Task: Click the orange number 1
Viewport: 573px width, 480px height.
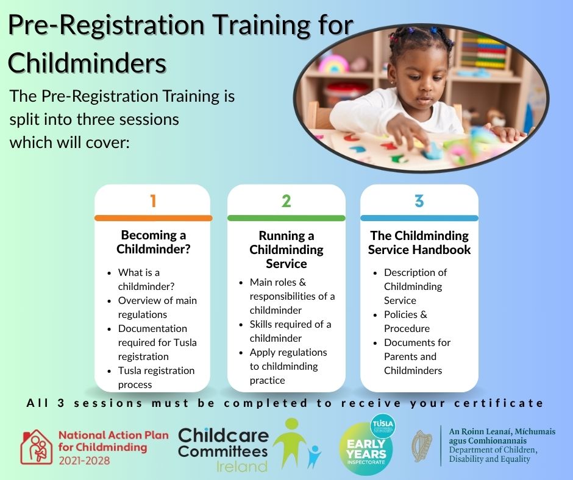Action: click(153, 201)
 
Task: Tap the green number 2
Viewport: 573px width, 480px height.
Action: click(286, 201)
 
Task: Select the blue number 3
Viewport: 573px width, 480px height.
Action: click(419, 201)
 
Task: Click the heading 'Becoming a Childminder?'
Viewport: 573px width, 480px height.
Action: click(154, 242)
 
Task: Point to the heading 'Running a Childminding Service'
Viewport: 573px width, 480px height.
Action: click(286, 250)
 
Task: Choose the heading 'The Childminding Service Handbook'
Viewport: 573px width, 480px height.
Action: click(419, 242)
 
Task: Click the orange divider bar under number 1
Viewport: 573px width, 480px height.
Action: click(154, 218)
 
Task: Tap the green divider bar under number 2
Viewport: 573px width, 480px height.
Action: click(286, 218)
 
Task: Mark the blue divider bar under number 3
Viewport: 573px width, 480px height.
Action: click(419, 218)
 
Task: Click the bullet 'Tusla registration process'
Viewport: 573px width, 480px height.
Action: click(152, 377)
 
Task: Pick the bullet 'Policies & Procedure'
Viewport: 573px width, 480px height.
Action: click(401, 321)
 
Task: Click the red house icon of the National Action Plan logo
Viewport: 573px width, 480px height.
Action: click(36, 446)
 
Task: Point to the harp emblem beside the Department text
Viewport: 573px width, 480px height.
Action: click(422, 446)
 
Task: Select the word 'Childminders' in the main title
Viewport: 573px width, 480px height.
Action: click(87, 63)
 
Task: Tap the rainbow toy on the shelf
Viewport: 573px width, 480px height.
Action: click(333, 65)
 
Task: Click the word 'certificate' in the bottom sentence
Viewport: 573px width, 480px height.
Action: click(499, 403)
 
